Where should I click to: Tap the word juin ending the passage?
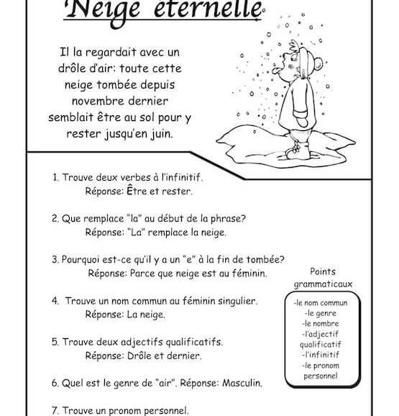(x=162, y=134)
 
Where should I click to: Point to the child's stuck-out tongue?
(x=276, y=71)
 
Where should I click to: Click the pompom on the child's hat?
(x=318, y=63)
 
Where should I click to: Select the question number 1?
(x=55, y=177)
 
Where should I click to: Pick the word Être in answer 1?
(x=137, y=190)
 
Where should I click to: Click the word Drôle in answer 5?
(x=139, y=356)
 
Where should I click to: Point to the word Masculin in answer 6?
(x=242, y=383)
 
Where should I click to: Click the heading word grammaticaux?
(x=323, y=284)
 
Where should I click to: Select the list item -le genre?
(x=321, y=313)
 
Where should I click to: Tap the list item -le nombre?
(x=320, y=324)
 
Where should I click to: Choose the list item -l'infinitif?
(x=321, y=355)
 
